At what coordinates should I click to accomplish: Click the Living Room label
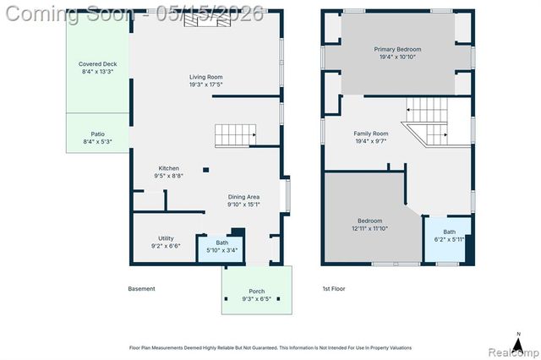[206, 77]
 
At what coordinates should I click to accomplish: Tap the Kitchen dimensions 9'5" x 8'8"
[169, 176]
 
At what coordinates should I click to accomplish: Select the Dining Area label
[243, 197]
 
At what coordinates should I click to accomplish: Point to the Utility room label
[166, 238]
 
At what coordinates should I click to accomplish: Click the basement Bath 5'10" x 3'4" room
[220, 249]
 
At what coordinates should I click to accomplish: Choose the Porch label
[257, 292]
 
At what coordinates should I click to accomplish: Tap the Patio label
[98, 134]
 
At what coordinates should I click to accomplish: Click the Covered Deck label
[98, 63]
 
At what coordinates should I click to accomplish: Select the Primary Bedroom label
[397, 49]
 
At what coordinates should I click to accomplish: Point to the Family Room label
[371, 134]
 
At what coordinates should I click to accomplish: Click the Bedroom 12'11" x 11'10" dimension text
[370, 228]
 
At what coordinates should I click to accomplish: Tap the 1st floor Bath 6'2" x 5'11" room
[447, 239]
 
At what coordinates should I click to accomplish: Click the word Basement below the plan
[141, 289]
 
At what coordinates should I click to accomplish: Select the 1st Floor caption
[334, 289]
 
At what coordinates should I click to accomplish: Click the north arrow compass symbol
[518, 343]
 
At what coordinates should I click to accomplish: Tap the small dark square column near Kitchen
[206, 170]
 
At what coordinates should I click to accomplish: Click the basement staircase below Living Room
[235, 135]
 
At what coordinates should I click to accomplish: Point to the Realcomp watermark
[513, 352]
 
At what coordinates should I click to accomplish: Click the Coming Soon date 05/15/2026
[210, 14]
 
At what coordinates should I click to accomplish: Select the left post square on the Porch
[227, 298]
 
